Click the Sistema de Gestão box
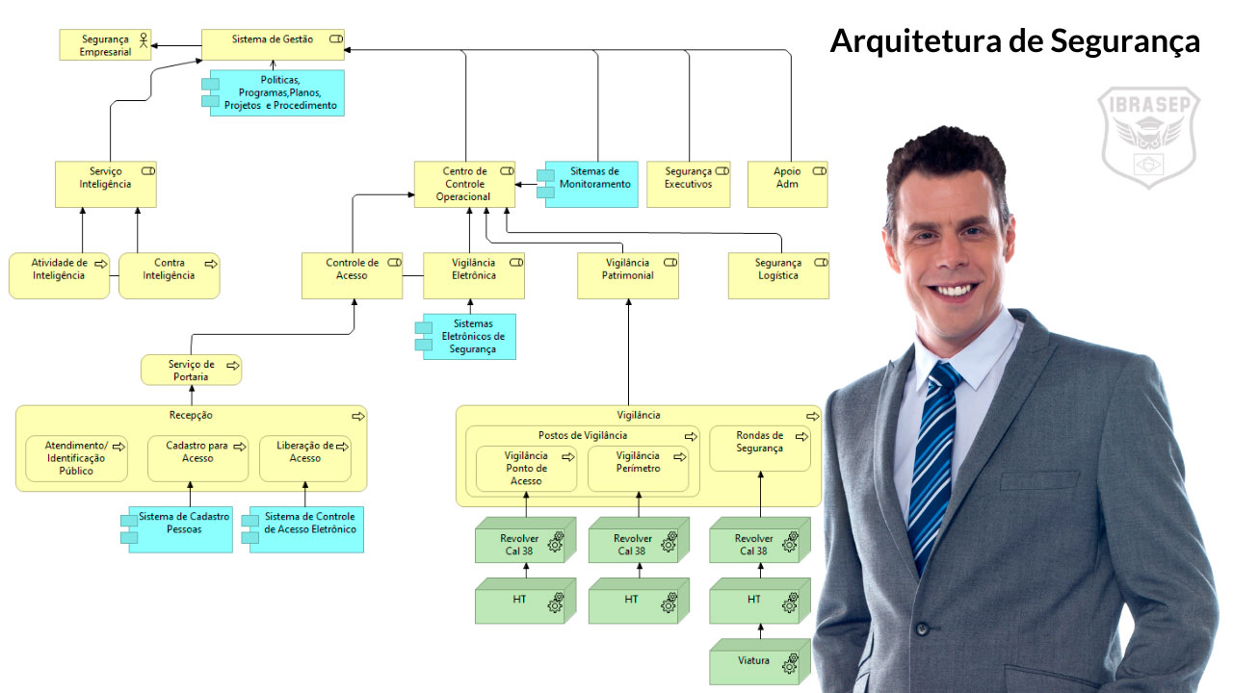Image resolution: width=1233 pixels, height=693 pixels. point(273,45)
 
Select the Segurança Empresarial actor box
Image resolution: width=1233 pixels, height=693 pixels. point(105,45)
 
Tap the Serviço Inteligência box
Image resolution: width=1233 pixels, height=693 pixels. point(106,184)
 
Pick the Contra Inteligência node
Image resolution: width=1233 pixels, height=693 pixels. point(169,275)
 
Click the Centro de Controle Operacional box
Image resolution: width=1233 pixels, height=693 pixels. point(464,184)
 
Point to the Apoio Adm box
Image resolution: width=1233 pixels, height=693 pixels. point(787,184)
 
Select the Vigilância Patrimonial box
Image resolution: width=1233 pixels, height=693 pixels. point(628,275)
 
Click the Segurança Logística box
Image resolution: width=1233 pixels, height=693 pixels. point(778,275)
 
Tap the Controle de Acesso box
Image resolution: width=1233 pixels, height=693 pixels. point(352,275)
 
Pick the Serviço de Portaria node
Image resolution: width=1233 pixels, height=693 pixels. point(191,371)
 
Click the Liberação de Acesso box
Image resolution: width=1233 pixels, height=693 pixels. point(305,458)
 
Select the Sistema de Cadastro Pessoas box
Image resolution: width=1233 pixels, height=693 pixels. point(181,529)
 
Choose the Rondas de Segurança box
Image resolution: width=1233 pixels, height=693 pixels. point(760,449)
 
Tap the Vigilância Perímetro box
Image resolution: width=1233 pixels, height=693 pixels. point(638,468)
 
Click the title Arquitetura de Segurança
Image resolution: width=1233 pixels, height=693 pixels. point(1014,41)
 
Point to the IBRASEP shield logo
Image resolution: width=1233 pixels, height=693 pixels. point(1149,136)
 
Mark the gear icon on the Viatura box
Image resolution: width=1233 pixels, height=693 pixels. point(791,663)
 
